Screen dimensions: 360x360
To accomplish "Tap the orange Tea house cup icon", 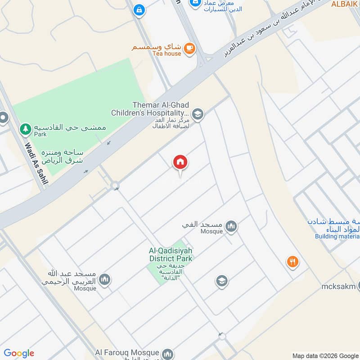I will click(x=189, y=47).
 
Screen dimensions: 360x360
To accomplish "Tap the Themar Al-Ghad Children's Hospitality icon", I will click(x=197, y=114).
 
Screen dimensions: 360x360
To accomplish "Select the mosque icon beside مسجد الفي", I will click(x=231, y=226).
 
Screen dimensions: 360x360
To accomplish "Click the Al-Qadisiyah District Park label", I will click(x=171, y=254).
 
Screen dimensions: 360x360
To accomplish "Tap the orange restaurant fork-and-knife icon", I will click(x=292, y=261).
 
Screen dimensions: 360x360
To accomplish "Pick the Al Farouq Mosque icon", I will click(x=167, y=355).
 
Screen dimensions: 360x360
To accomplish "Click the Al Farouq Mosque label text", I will click(x=127, y=353).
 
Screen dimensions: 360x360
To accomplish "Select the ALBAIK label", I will click(x=345, y=4).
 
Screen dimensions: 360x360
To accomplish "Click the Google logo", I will click(x=19, y=353).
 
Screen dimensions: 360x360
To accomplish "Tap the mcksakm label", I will click(x=338, y=287).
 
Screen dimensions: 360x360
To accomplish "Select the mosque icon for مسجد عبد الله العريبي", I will click(x=104, y=280).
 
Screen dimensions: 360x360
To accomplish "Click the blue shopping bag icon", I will click(x=139, y=9).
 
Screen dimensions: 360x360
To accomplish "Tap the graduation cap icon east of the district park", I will click(x=221, y=282).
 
